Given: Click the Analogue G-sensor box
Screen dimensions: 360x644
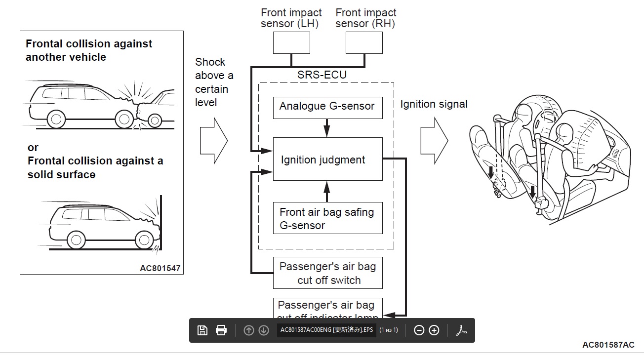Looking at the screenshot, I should pyautogui.click(x=327, y=107).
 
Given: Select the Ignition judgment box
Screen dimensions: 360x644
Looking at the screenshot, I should pyautogui.click(x=327, y=159).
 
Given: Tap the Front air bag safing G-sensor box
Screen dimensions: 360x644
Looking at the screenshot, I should pyautogui.click(x=327, y=218).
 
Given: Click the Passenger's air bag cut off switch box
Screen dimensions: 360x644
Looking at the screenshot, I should pyautogui.click(x=327, y=273).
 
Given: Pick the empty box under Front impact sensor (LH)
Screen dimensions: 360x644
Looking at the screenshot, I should pyautogui.click(x=291, y=43).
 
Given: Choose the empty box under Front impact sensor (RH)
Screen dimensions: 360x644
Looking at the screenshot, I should pyautogui.click(x=364, y=43).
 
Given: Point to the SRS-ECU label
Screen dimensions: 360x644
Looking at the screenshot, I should pyautogui.click(x=322, y=75).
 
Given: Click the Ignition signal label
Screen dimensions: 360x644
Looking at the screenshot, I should pyautogui.click(x=434, y=104).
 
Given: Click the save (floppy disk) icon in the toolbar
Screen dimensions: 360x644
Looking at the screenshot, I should pyautogui.click(x=202, y=330).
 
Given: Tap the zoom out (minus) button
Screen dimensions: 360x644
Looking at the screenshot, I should pyautogui.click(x=419, y=330).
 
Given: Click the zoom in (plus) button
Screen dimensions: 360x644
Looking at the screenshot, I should pyautogui.click(x=434, y=330).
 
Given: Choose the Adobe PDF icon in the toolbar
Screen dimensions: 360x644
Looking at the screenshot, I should pyautogui.click(x=461, y=330).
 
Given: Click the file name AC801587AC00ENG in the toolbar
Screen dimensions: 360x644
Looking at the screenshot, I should pyautogui.click(x=326, y=330).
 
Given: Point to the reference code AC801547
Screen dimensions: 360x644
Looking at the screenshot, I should pyautogui.click(x=160, y=269).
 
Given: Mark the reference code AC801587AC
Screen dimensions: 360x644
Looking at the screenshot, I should pyautogui.click(x=608, y=345).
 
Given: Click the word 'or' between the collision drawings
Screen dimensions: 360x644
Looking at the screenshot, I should pyautogui.click(x=33, y=148).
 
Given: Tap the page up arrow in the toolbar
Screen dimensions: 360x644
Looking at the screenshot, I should pyautogui.click(x=249, y=330).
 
